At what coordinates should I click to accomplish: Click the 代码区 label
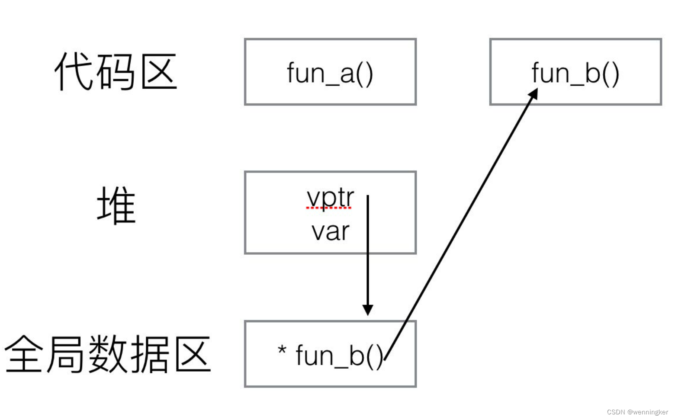116,72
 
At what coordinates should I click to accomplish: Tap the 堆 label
116,205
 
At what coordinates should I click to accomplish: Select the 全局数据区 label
107,354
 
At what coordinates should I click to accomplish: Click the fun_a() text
330,73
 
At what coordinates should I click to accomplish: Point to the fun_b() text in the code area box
575,73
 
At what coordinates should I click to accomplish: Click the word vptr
330,198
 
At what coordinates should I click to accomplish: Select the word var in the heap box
330,231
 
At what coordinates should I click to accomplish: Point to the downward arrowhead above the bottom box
368,310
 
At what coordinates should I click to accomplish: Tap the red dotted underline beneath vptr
329,208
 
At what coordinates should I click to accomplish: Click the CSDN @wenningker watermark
637,412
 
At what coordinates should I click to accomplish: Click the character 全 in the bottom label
24,354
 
